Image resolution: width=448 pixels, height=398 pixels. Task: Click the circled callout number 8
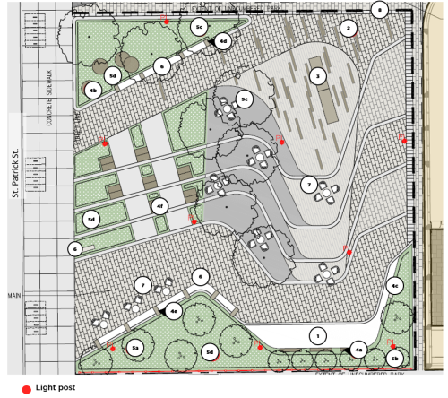tap(380, 10)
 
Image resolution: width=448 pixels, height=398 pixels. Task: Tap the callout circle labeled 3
tap(317, 77)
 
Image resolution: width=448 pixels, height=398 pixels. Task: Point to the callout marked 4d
tap(223, 40)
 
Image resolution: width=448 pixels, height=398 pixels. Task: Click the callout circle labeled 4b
tap(92, 90)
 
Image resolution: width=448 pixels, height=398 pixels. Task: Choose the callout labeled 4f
tap(160, 206)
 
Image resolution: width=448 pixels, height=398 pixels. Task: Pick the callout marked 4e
tap(175, 311)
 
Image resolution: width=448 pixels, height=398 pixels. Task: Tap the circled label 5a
tap(136, 346)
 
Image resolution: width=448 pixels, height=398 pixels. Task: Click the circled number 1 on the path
tap(315, 334)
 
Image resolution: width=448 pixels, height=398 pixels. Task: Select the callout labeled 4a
tap(358, 350)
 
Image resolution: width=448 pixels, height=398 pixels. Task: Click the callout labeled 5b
tap(396, 359)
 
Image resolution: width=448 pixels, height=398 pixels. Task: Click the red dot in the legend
tap(27, 389)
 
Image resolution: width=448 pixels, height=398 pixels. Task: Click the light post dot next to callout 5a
tap(113, 347)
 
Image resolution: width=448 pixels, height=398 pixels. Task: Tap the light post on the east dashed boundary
tap(401, 137)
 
